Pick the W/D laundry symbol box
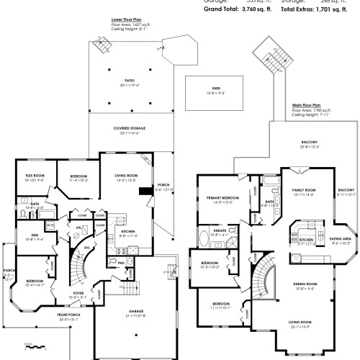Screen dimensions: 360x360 click(50, 225)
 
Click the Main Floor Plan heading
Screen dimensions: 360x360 click(306, 105)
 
